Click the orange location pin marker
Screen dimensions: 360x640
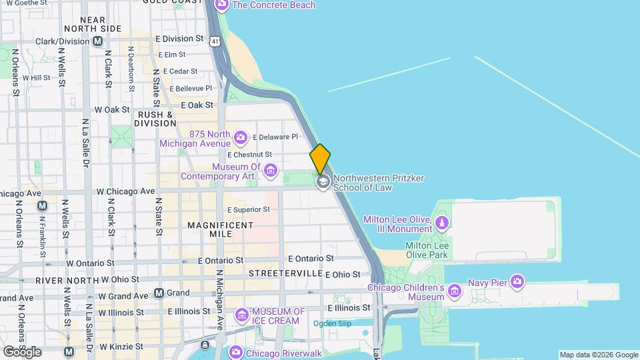[x=320, y=158]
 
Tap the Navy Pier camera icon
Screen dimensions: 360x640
[x=517, y=281]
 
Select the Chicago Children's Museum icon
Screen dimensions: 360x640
[x=455, y=291]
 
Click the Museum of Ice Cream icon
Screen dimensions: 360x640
[x=241, y=315]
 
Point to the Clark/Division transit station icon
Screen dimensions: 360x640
[x=98, y=41]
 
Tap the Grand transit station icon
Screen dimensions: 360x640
[x=159, y=293]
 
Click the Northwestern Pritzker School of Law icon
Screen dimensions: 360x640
[x=323, y=182]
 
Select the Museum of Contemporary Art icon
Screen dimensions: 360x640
[x=271, y=171]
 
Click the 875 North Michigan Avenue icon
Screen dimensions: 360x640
[x=241, y=138]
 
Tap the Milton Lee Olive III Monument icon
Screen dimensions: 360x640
[x=441, y=223]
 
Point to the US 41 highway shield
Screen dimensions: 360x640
[x=214, y=41]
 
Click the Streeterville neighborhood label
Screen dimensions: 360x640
[x=285, y=274]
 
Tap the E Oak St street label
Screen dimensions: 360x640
[x=197, y=105]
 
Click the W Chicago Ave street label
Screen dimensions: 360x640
[x=125, y=191]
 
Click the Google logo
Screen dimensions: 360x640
[x=21, y=351]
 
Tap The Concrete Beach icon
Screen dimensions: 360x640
[x=222, y=6]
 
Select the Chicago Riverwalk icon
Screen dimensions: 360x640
[x=235, y=351]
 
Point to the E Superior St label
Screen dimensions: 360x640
[x=248, y=209]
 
